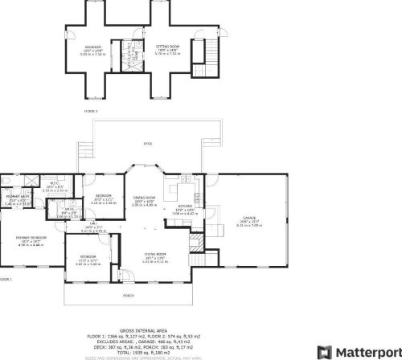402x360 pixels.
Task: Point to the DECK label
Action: [x=147, y=144]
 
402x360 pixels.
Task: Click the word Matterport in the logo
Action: [x=364, y=351]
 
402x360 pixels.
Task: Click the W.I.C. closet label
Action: [x=48, y=184]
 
